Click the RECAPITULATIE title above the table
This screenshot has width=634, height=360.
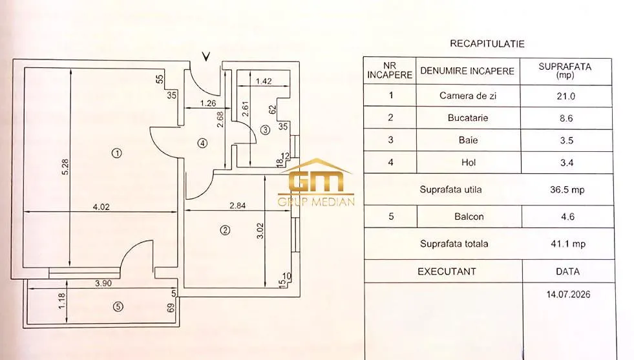click(x=487, y=44)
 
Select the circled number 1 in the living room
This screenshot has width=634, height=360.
click(x=117, y=153)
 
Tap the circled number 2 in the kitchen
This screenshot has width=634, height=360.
click(x=225, y=230)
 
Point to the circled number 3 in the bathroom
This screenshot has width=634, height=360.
click(x=265, y=130)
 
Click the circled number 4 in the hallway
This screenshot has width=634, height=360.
click(x=202, y=143)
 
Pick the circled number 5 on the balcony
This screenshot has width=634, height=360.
click(x=118, y=306)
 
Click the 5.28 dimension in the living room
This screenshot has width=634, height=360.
click(x=65, y=167)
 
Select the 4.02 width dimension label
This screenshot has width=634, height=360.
click(x=101, y=207)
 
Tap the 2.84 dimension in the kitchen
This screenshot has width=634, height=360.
click(x=237, y=206)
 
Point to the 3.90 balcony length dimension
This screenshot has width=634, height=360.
click(x=103, y=283)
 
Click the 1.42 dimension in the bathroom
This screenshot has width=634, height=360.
click(x=264, y=81)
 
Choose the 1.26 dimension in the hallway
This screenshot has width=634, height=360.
click(x=208, y=103)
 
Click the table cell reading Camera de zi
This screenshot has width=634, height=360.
click(x=468, y=96)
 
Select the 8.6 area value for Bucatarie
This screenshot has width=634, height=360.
click(x=565, y=118)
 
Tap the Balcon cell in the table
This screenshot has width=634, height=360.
click(x=469, y=217)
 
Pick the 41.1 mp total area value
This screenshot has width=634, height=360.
click(x=567, y=244)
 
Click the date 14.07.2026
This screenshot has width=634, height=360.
click(x=568, y=295)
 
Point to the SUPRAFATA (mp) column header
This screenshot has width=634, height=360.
click(x=565, y=70)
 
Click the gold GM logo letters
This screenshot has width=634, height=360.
click(x=317, y=181)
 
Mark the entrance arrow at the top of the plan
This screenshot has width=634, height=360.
click(x=206, y=57)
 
